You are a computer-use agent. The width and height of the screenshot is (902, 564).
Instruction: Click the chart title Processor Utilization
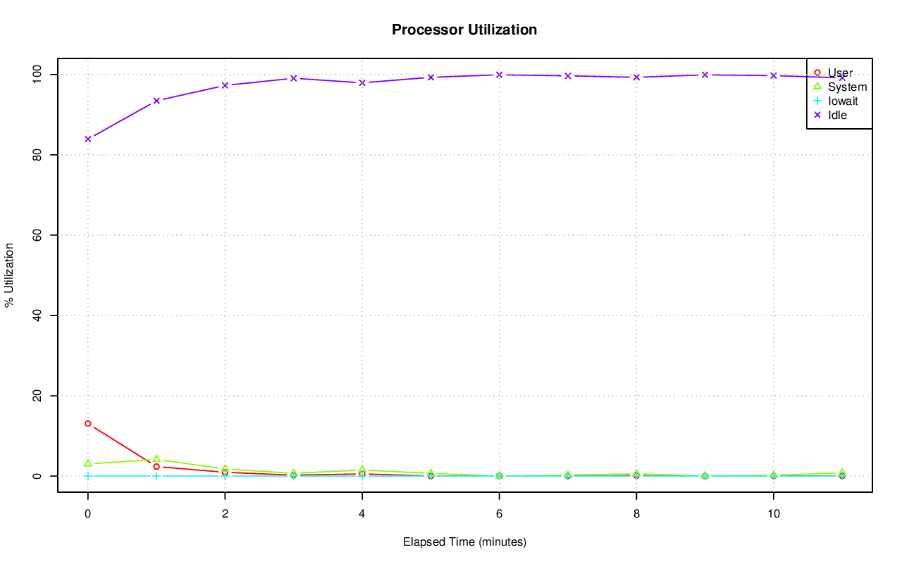464,30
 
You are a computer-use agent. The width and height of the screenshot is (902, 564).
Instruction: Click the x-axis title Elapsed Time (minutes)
464,542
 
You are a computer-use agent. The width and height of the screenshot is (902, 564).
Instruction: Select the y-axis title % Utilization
10,275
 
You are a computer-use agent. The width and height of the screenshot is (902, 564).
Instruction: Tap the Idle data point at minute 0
87,139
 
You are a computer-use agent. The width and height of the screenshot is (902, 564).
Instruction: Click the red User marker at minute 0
87,424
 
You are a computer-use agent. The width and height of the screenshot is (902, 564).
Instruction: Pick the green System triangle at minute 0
87,463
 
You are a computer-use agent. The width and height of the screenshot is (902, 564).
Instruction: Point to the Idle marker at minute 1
156,101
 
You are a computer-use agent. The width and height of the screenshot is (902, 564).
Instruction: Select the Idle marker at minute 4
362,82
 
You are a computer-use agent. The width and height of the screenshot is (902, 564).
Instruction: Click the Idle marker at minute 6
499,75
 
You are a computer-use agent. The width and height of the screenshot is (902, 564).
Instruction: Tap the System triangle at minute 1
156,459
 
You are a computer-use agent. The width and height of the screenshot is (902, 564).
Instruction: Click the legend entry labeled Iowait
843,101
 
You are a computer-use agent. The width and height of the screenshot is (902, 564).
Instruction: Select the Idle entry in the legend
837,115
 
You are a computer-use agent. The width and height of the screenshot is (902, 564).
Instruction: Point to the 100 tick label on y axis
41,74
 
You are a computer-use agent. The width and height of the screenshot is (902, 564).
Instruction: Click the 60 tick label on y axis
41,234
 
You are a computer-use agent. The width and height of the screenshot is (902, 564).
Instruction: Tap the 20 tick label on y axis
41,396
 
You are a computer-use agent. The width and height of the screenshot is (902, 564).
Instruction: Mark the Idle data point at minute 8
636,77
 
